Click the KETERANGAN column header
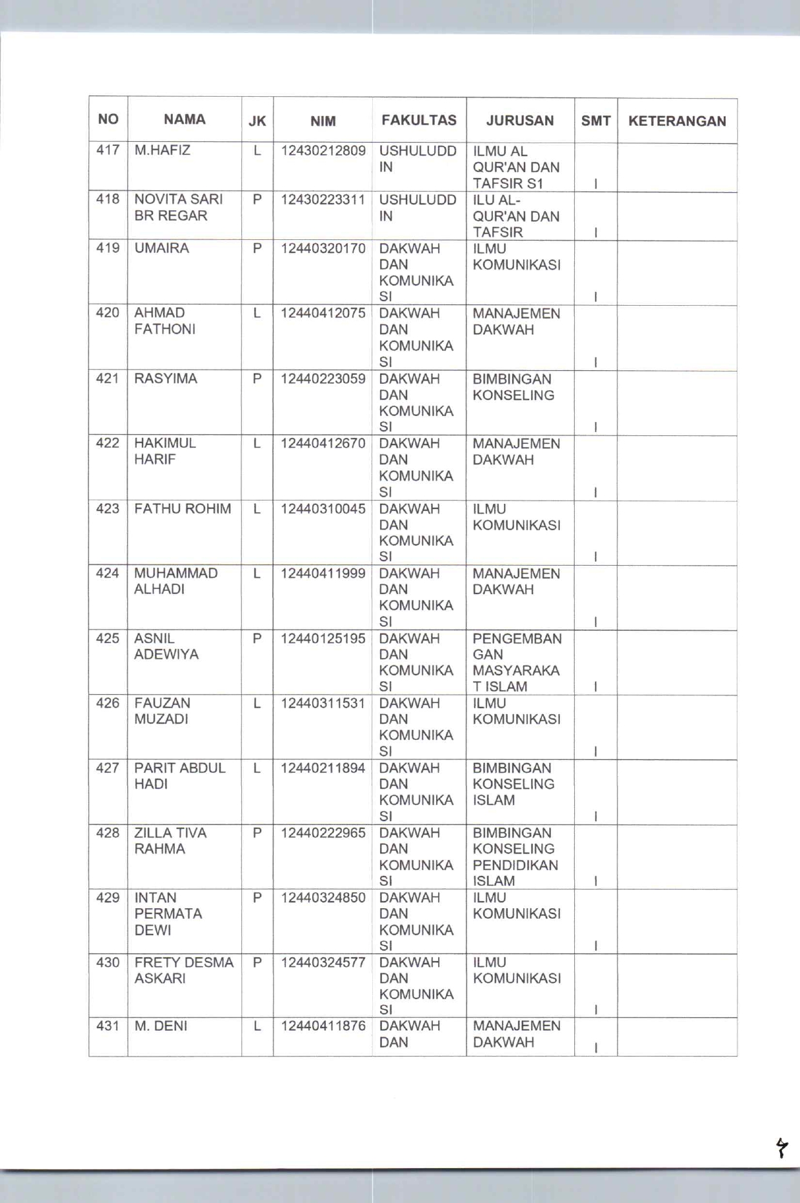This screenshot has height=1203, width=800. pyautogui.click(x=677, y=121)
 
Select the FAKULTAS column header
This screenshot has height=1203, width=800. pyautogui.click(x=419, y=120)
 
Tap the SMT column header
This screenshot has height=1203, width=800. pyautogui.click(x=595, y=121)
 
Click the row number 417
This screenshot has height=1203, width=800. pyautogui.click(x=108, y=150)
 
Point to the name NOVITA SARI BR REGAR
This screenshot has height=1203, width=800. pyautogui.click(x=178, y=207)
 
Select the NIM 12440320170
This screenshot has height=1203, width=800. pyautogui.click(x=323, y=248)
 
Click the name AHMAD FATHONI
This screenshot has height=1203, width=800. pyautogui.click(x=165, y=321)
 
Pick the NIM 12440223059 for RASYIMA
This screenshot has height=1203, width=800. pyautogui.click(x=323, y=379)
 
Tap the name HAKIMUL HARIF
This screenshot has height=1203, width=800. pyautogui.click(x=165, y=451)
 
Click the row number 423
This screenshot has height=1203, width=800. pyautogui.click(x=108, y=509)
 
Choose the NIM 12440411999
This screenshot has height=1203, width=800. pyautogui.click(x=323, y=573)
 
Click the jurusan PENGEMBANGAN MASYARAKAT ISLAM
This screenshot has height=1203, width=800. pyautogui.click(x=517, y=662)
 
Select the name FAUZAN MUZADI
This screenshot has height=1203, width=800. pyautogui.click(x=162, y=711)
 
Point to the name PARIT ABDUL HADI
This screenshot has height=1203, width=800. pyautogui.click(x=179, y=776)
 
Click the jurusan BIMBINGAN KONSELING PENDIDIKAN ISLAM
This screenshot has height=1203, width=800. pyautogui.click(x=515, y=857)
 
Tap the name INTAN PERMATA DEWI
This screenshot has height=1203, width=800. pyautogui.click(x=168, y=913)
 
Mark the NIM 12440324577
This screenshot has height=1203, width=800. pyautogui.click(x=323, y=962)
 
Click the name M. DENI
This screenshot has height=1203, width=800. pyautogui.click(x=161, y=1026)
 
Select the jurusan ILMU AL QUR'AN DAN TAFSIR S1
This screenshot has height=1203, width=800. pyautogui.click(x=515, y=167)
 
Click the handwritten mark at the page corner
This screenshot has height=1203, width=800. pyautogui.click(x=781, y=1148)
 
